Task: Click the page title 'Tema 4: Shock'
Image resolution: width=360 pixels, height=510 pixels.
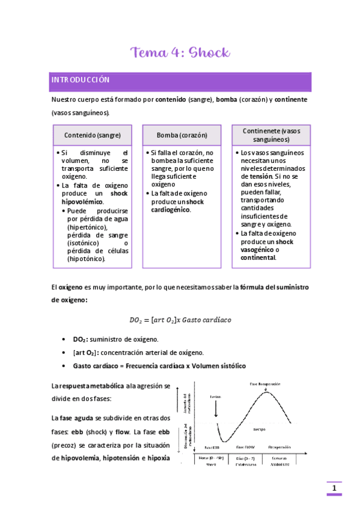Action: coord(180,52)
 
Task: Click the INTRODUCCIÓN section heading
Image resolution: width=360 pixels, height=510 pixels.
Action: coord(80,80)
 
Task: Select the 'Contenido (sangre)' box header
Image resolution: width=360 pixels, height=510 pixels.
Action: coord(92,135)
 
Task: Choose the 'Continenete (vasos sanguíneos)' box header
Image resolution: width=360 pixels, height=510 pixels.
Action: coord(271,135)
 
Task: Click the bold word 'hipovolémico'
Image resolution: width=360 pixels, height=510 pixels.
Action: coord(82,203)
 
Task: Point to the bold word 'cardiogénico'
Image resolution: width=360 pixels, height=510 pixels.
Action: coord(170,210)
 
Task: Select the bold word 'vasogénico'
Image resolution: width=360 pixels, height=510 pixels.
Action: coord(257,250)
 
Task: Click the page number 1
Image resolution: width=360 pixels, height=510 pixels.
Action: coord(334,488)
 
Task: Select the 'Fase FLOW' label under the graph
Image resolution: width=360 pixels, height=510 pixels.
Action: coord(247,447)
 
